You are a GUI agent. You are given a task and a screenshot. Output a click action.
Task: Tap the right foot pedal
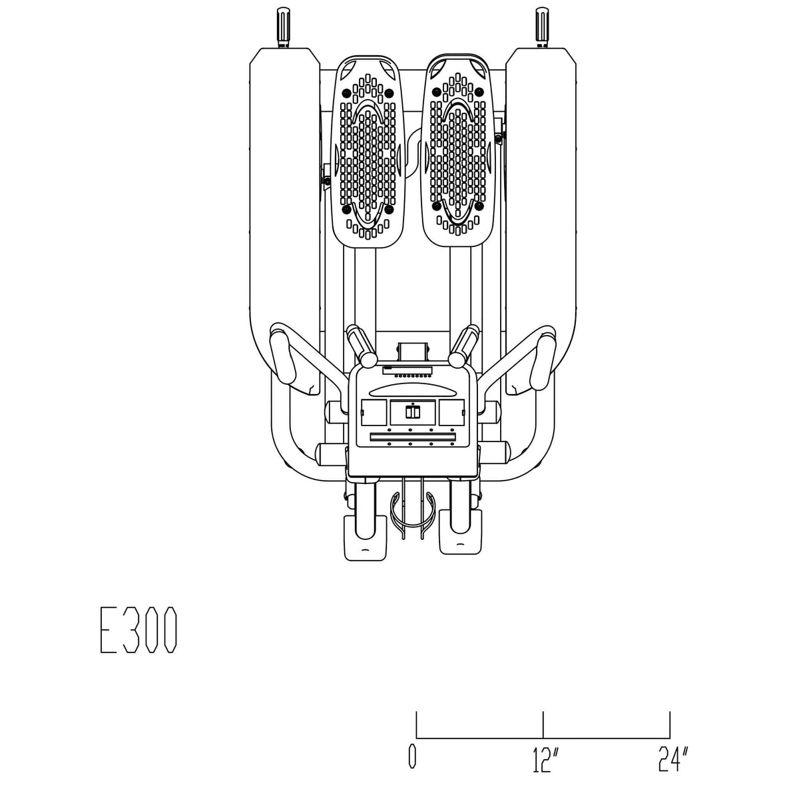click(x=457, y=150)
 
